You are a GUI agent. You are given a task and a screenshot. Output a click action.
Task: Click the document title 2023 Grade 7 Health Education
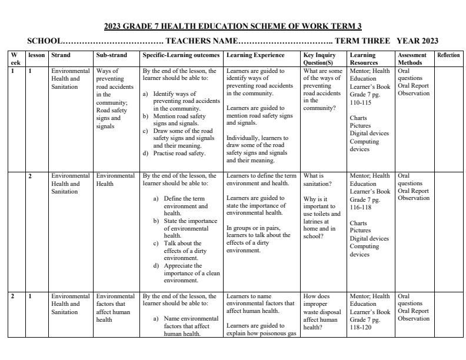coord(232,26)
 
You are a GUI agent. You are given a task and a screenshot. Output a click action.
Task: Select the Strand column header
coord(61,55)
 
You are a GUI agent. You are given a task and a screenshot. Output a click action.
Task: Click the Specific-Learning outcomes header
coord(181,55)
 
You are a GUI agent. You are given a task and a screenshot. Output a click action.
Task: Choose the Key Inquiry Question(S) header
coord(319,59)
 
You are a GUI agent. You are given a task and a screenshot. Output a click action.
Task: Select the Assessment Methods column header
coord(412,59)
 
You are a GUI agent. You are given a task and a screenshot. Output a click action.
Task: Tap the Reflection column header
coord(448,55)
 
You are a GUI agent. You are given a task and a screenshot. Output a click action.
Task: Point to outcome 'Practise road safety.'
coord(179,153)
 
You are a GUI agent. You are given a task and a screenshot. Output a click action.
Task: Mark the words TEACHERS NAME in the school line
coord(202,41)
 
